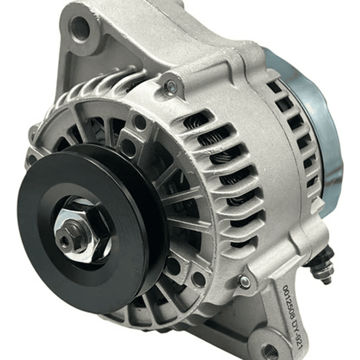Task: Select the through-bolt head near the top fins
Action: click(x=171, y=88)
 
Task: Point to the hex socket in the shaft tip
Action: click(x=64, y=241)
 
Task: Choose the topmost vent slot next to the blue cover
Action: click(x=274, y=87)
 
